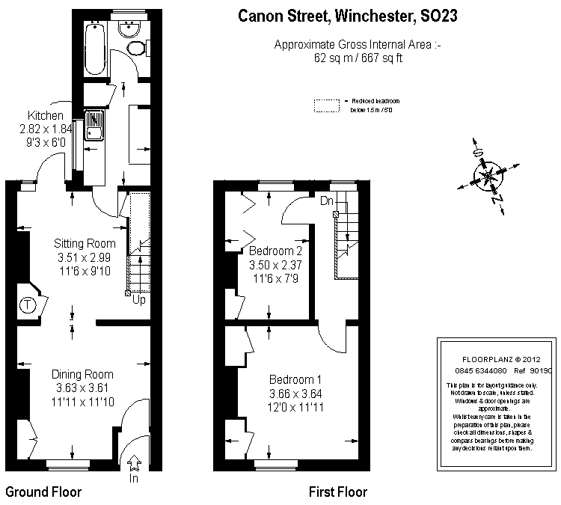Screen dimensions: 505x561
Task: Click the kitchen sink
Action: pos(95,125)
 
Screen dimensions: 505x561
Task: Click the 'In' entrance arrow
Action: pos(135,465)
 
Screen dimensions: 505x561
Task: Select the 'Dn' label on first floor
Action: pos(326,201)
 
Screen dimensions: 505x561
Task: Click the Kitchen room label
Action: pos(46,116)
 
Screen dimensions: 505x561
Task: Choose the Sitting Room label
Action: pos(85,244)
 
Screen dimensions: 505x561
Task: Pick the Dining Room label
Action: pos(82,375)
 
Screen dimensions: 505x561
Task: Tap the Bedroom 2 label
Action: pos(276,251)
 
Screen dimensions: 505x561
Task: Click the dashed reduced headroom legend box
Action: pos(327,105)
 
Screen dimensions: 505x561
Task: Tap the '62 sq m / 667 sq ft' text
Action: pos(358,58)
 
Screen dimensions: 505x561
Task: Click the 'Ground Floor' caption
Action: pos(43,492)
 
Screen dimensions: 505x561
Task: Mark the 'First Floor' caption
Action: pos(338,492)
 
